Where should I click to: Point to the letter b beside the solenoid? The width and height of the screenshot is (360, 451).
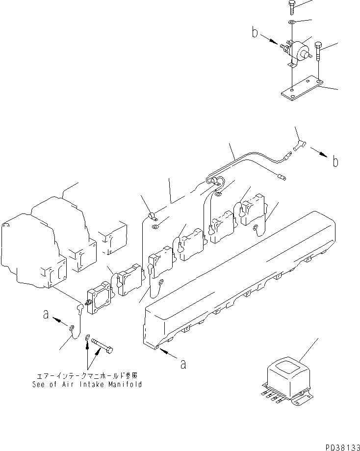point(255,33)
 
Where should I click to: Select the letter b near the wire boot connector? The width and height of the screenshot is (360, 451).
point(335,161)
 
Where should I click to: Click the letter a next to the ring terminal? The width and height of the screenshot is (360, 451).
point(46,316)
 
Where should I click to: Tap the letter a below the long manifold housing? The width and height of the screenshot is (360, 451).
point(183,364)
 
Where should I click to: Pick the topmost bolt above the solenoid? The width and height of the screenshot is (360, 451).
point(290,6)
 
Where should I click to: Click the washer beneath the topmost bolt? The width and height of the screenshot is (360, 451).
point(291,23)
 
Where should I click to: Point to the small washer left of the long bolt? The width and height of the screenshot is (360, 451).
point(88,337)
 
